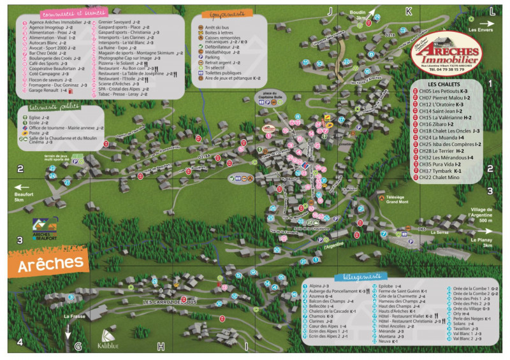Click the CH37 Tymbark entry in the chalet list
point(440,170)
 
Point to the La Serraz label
point(439,233)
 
